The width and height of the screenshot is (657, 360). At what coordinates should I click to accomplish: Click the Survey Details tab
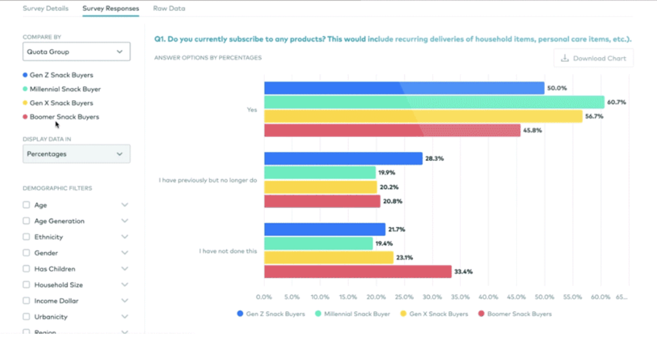click(x=45, y=9)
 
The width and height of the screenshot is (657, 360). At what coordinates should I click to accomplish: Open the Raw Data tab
click(x=169, y=9)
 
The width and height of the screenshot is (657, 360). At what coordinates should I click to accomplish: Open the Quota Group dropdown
click(x=76, y=52)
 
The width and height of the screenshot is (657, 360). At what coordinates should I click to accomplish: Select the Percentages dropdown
click(x=76, y=154)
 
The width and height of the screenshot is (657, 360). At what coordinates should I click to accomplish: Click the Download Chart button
click(x=593, y=58)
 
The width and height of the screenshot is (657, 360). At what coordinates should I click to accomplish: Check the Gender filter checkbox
click(x=26, y=253)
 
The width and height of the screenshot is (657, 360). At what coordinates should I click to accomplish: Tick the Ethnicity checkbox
click(x=26, y=237)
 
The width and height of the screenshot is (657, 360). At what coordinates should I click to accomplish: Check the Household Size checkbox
click(x=26, y=285)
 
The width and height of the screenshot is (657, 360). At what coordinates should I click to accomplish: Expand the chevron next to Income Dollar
click(x=124, y=301)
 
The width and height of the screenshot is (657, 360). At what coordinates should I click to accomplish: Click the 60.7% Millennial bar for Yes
click(x=434, y=102)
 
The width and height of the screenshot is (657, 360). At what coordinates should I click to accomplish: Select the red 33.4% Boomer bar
click(x=357, y=271)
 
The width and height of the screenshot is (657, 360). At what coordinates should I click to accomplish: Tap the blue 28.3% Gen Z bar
click(x=343, y=159)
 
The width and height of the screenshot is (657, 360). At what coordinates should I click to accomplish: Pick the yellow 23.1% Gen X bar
click(x=328, y=258)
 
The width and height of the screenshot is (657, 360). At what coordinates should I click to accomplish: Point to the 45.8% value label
click(x=532, y=131)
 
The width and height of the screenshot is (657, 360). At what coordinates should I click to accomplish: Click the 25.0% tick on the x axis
click(x=404, y=297)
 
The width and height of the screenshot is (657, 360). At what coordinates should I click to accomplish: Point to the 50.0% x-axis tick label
click(x=544, y=297)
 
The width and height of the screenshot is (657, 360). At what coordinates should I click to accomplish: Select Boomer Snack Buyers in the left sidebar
click(x=64, y=117)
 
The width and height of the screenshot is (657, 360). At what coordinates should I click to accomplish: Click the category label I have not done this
click(x=228, y=251)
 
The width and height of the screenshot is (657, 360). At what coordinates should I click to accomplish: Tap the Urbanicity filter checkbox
click(x=26, y=317)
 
